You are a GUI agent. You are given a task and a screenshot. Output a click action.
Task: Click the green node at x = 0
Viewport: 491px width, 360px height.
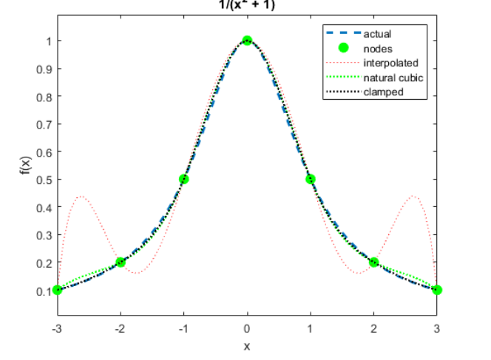247,41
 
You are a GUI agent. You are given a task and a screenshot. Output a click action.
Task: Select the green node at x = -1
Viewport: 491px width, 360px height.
184,179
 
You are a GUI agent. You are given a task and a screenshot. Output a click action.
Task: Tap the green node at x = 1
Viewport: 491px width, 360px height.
311,179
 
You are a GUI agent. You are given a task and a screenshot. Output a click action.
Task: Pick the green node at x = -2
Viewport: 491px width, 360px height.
121,262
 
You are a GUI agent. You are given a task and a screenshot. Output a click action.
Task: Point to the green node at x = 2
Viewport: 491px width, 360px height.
374,262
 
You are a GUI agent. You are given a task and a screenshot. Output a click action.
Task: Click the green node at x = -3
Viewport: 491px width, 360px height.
58,290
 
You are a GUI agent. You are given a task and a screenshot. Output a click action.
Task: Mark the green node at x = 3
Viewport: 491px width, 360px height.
437,290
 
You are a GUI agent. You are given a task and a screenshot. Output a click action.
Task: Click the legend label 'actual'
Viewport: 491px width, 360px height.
377,33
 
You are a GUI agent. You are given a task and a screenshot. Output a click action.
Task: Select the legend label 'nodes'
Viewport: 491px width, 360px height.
377,48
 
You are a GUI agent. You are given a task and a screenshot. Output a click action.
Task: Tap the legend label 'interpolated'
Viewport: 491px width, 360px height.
390,63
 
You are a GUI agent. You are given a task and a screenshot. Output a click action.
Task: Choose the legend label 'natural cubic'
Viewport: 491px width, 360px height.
393,78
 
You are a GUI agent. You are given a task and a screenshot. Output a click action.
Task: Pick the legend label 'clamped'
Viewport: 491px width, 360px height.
383,92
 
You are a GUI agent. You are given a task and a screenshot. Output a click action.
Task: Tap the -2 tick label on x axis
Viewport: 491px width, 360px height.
120,329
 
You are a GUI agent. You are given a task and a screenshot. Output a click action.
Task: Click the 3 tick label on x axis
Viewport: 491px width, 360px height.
437,329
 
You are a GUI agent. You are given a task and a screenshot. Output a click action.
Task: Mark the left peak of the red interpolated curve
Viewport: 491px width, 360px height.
81,197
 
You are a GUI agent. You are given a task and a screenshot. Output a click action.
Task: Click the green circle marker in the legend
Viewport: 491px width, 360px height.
342,48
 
